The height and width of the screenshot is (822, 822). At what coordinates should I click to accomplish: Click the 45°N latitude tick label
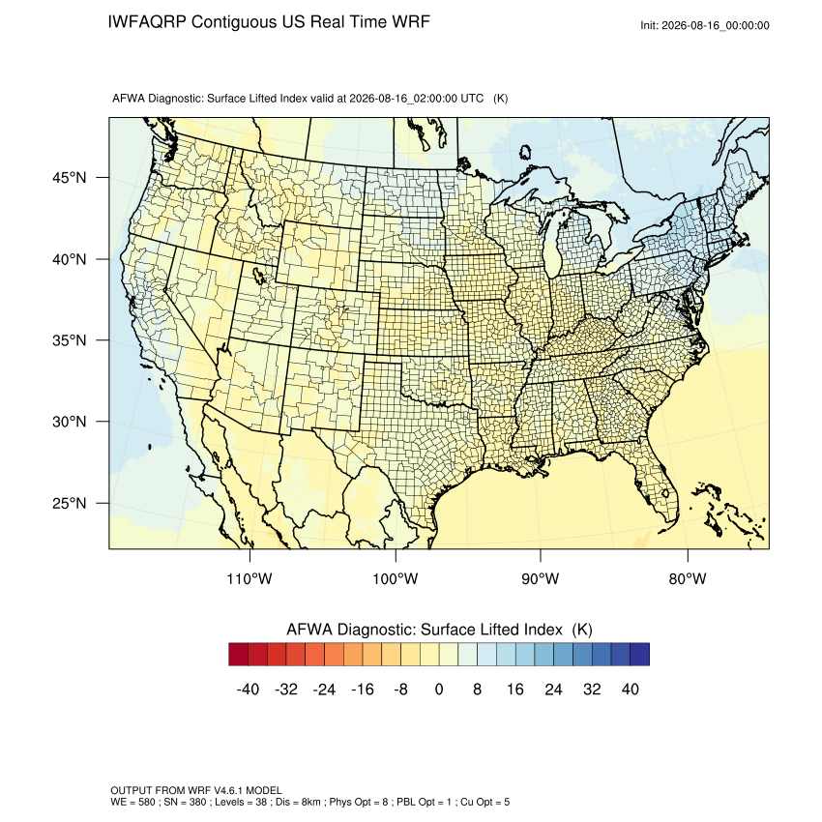pyautogui.click(x=69, y=178)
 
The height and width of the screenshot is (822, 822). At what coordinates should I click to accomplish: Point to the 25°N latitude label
pyautogui.click(x=69, y=503)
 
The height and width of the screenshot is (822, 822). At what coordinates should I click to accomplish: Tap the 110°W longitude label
pyautogui.click(x=249, y=578)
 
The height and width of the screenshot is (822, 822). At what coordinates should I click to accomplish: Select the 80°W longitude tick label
pyautogui.click(x=688, y=578)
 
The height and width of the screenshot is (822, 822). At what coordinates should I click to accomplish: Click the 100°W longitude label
pyautogui.click(x=395, y=578)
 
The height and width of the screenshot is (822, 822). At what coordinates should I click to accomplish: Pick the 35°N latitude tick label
pyautogui.click(x=69, y=340)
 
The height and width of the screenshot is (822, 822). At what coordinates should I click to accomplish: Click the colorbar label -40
pyautogui.click(x=248, y=689)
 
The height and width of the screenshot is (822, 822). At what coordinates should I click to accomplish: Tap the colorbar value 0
pyautogui.click(x=439, y=689)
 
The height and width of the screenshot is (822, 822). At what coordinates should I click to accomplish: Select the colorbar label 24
pyautogui.click(x=553, y=689)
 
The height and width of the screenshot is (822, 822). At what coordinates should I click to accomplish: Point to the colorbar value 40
pyautogui.click(x=631, y=689)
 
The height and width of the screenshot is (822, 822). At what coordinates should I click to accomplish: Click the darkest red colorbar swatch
pyautogui.click(x=239, y=655)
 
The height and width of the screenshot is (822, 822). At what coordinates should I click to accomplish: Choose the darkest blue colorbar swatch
pyautogui.click(x=640, y=655)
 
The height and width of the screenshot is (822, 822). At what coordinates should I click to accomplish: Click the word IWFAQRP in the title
pyautogui.click(x=147, y=22)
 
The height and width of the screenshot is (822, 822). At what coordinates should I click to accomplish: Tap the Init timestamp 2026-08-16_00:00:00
pyautogui.click(x=715, y=25)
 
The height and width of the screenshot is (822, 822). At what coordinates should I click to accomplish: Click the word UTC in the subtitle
pyautogui.click(x=472, y=98)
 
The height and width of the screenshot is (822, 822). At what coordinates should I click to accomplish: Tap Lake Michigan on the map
pyautogui.click(x=552, y=247)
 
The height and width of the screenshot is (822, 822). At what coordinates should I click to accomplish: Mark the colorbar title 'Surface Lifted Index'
pyautogui.click(x=491, y=630)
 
